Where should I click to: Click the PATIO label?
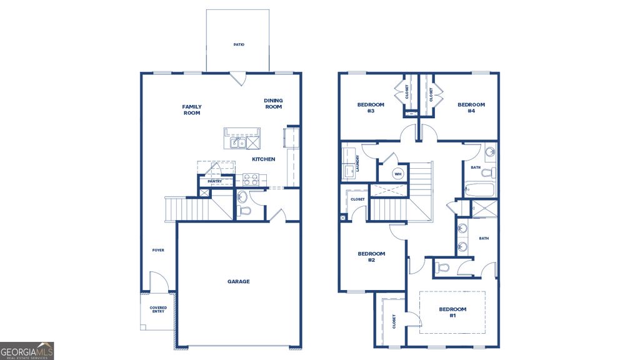(x=238, y=45)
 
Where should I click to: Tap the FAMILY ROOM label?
(x=192, y=110)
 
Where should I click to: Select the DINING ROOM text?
(x=273, y=104)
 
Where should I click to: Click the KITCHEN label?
(x=263, y=159)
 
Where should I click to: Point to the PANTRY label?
(x=216, y=181)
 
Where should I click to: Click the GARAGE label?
(x=238, y=281)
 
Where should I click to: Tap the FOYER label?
(x=158, y=250)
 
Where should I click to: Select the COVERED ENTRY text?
(x=157, y=309)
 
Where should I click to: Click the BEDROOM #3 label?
(x=371, y=107)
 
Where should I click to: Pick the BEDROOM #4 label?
(x=471, y=107)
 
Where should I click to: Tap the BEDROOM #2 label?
(x=371, y=256)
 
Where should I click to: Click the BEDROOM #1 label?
(x=452, y=312)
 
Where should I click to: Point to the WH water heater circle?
(x=398, y=174)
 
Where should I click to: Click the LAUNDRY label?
(x=357, y=164)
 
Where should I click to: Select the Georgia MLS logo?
(x=27, y=351)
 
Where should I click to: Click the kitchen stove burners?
(x=250, y=179)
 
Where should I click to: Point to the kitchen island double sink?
(x=237, y=143)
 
